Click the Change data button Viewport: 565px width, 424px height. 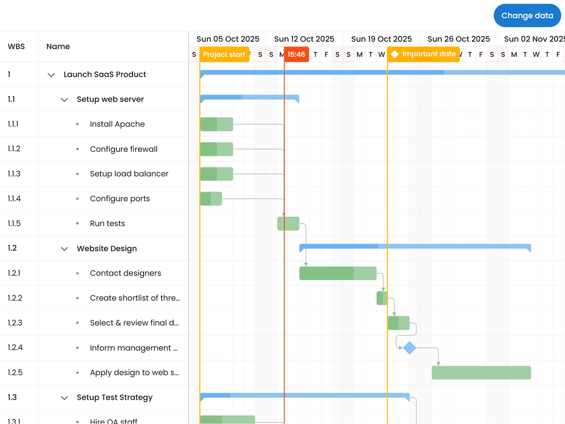pyautogui.click(x=527, y=15)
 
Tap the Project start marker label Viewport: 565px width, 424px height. pyautogui.click(x=224, y=55)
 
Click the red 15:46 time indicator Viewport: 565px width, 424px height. pyautogui.click(x=296, y=55)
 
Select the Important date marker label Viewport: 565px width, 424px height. pyautogui.click(x=423, y=54)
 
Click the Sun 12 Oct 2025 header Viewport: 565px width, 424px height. pyautogui.click(x=304, y=39)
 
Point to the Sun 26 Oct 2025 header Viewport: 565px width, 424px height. pyautogui.click(x=459, y=39)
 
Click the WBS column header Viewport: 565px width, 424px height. pyautogui.click(x=16, y=46)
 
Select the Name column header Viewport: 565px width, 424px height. pyautogui.click(x=58, y=46)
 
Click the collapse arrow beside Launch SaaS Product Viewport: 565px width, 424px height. pyautogui.click(x=51, y=75)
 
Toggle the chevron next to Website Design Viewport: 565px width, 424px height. pyautogui.click(x=65, y=249)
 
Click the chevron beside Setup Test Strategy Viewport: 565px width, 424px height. pyautogui.click(x=65, y=398)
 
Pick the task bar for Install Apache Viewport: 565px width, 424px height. pyautogui.click(x=216, y=124)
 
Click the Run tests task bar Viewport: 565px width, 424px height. pyautogui.click(x=288, y=224)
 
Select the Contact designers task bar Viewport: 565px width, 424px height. pyautogui.click(x=338, y=273)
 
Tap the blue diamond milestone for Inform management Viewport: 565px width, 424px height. pyautogui.click(x=409, y=348)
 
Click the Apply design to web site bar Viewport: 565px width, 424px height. pyautogui.click(x=481, y=373)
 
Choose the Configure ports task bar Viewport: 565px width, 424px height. pyautogui.click(x=211, y=199)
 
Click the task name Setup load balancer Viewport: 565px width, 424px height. pyautogui.click(x=129, y=174)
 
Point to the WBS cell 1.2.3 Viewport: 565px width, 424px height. pyautogui.click(x=15, y=323)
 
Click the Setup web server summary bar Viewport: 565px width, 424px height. pyautogui.click(x=249, y=98)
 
